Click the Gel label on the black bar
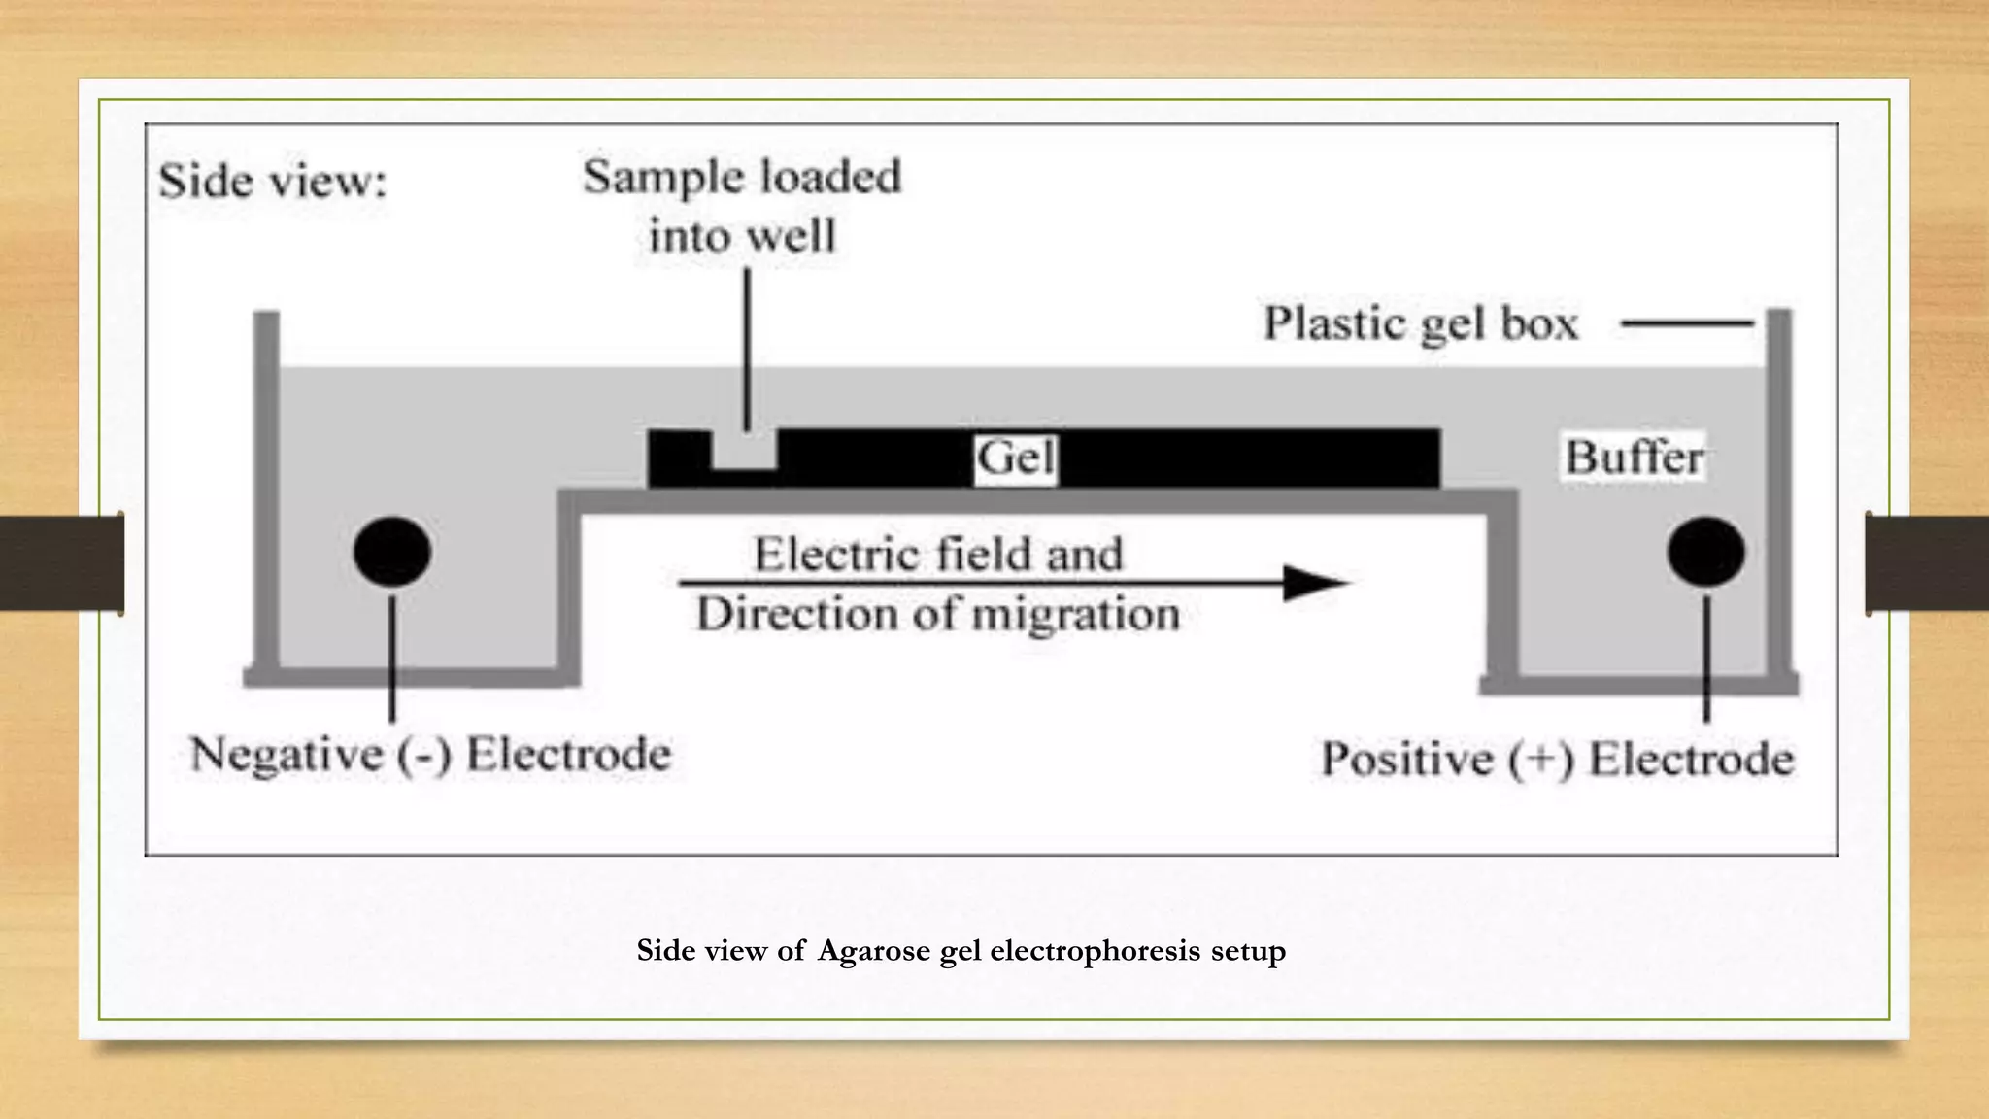click(x=1015, y=458)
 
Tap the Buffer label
click(x=1635, y=458)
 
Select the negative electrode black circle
click(x=392, y=551)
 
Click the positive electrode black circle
click(x=1705, y=552)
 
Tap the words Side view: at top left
click(x=273, y=182)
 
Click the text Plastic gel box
click(x=1420, y=324)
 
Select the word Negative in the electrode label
click(x=287, y=755)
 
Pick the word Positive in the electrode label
click(x=1407, y=760)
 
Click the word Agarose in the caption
click(x=874, y=950)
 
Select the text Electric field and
click(x=938, y=555)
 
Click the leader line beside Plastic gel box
click(x=1687, y=323)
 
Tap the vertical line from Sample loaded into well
click(x=747, y=350)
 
